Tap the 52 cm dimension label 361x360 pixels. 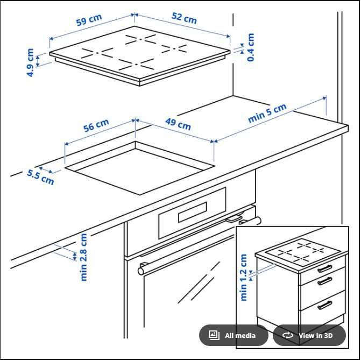click(185, 18)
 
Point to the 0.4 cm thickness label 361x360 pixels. click(251, 47)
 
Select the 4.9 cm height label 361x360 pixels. click(31, 63)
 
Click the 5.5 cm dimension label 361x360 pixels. click(41, 177)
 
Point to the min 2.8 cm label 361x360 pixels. click(83, 257)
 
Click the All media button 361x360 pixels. click(233, 335)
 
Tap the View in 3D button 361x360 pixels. click(309, 335)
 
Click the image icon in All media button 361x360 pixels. click(214, 335)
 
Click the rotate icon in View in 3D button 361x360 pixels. click(288, 335)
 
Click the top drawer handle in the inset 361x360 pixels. click(324, 268)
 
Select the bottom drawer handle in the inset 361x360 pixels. click(324, 305)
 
